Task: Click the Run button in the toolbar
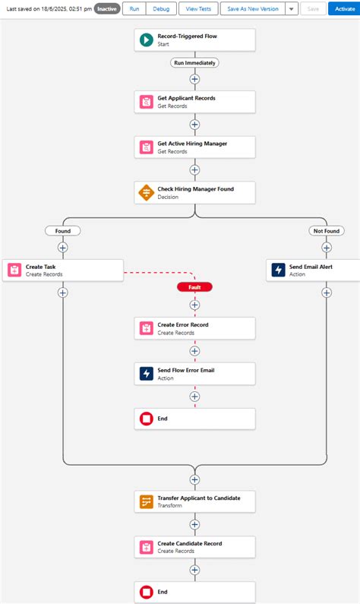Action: point(134,8)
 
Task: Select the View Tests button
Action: point(200,8)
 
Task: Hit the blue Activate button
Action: point(344,8)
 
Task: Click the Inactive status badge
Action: point(106,8)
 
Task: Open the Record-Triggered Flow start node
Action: point(194,40)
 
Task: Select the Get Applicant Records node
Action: point(194,102)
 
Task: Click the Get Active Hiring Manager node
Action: point(194,147)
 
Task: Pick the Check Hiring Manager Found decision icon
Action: point(146,192)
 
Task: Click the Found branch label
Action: point(62,230)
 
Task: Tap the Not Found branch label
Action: point(327,230)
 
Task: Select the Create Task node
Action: point(62,270)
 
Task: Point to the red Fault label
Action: point(194,287)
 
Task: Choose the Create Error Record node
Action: point(194,328)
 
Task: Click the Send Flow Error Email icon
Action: point(146,374)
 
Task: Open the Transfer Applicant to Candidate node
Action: point(194,501)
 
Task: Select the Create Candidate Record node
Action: point(194,547)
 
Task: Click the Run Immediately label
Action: point(194,63)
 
